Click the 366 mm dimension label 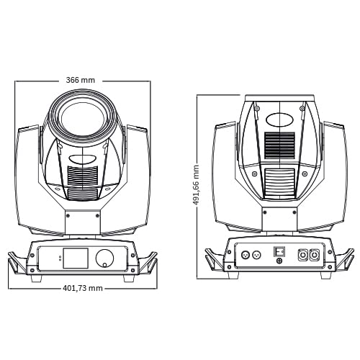pos(81,80)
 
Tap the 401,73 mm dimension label pos(83,288)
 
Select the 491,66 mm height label pos(196,185)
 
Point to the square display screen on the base pos(76,258)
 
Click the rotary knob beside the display pos(104,258)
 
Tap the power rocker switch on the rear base pos(279,251)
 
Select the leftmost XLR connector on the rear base pos(245,254)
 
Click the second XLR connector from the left pos(256,254)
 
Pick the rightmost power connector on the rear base pos(314,255)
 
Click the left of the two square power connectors pos(302,255)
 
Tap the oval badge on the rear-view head pos(280,120)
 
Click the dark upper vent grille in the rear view pos(280,145)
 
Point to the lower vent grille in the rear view pos(280,183)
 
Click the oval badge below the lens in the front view pos(83,159)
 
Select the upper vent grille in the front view pos(83,176)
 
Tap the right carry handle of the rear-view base pos(345,260)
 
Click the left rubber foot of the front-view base pos(37,278)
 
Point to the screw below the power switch pos(279,261)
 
